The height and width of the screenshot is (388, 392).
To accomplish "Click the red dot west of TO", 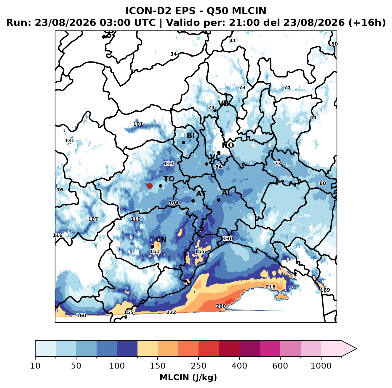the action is [150, 186].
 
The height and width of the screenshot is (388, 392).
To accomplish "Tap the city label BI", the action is [191, 135].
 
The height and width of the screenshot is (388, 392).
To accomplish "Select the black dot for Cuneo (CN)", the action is [152, 246].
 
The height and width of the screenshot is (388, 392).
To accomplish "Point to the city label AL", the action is [227, 193].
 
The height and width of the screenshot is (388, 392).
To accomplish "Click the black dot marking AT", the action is [193, 201].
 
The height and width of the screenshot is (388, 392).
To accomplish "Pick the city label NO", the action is [228, 145].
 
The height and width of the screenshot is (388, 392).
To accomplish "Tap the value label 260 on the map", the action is [221, 306].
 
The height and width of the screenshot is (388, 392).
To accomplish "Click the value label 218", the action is [271, 287].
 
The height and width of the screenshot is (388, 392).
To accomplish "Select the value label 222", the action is [171, 312].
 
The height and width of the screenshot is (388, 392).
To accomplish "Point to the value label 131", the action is [69, 140].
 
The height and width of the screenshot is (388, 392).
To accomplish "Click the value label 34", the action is [173, 54].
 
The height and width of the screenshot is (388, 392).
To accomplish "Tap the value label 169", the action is [325, 290].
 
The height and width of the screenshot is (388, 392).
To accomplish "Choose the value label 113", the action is [169, 164].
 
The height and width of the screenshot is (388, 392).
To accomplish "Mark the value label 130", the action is [228, 238].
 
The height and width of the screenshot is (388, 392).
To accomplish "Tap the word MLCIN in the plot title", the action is [249, 11].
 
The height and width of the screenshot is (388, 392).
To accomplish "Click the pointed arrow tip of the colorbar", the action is [356, 349].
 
